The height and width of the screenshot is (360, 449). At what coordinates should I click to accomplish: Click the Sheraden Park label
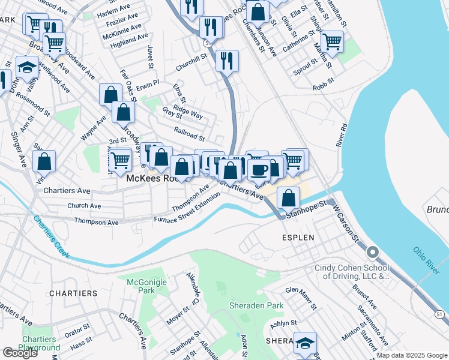[256, 305]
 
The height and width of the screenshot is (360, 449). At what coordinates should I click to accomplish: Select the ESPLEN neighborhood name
[298, 237]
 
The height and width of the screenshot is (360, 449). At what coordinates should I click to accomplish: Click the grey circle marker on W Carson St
[373, 252]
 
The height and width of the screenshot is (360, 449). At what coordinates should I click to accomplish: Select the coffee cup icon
[258, 170]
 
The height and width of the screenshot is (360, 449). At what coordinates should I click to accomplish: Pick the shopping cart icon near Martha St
[332, 42]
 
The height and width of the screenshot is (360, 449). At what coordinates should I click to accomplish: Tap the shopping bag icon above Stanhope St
[289, 197]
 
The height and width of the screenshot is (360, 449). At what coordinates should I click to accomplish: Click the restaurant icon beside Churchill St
[228, 60]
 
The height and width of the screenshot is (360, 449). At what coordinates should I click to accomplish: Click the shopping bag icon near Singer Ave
[44, 161]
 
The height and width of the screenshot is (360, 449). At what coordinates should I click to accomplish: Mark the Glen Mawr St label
[301, 298]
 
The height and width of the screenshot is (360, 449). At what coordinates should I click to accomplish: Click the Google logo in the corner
[20, 353]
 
